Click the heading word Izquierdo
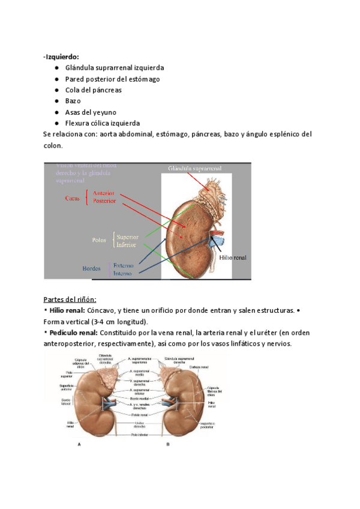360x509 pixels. click(58, 56)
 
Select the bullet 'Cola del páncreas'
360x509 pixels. click(93, 90)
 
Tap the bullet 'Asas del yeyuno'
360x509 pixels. click(91, 112)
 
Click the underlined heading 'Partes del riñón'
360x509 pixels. click(70, 300)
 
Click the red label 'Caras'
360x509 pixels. click(73, 197)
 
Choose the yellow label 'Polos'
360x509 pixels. click(99, 240)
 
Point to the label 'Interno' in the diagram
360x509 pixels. click(124, 273)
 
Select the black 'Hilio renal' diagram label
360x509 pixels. click(233, 257)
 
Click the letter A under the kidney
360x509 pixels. click(80, 445)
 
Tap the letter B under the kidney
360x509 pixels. click(169, 445)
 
